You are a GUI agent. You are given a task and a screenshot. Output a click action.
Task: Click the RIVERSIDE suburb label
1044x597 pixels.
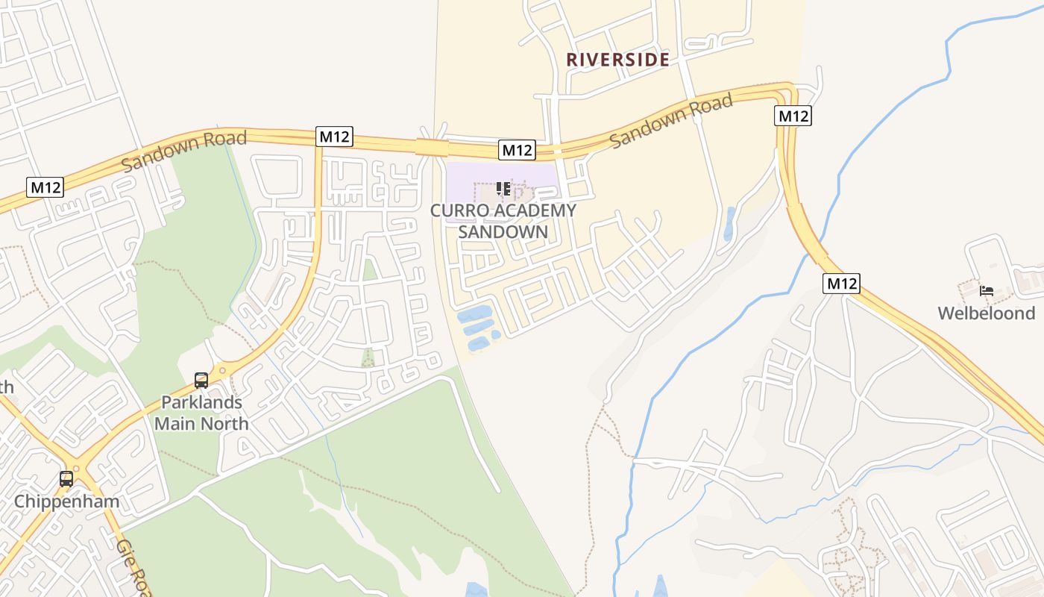click(x=617, y=60)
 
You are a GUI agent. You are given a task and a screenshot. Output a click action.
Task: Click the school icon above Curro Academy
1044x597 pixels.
click(x=503, y=189)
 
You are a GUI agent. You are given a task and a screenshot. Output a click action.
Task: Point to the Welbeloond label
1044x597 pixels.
click(x=987, y=313)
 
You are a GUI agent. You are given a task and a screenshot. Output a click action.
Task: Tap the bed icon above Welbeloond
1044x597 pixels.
click(x=987, y=290)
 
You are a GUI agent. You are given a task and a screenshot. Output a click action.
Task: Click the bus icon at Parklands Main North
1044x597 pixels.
click(x=201, y=381)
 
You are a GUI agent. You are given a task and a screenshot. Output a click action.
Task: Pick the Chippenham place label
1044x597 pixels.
click(x=66, y=501)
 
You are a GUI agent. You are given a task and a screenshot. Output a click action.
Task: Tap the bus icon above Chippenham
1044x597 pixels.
click(x=66, y=478)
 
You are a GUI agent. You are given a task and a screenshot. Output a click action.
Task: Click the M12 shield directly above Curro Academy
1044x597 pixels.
click(x=518, y=150)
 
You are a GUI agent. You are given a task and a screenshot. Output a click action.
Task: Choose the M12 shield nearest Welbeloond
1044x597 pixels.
click(x=842, y=284)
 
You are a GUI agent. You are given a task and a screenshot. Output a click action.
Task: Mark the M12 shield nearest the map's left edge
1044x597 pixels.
click(x=45, y=187)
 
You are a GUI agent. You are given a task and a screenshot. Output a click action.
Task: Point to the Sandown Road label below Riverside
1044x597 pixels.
click(x=671, y=121)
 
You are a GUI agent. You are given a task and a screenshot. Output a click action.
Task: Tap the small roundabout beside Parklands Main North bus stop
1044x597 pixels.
click(x=222, y=370)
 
